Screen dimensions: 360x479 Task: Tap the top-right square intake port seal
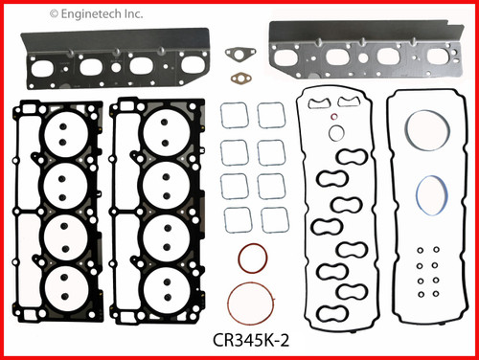(271, 116)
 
